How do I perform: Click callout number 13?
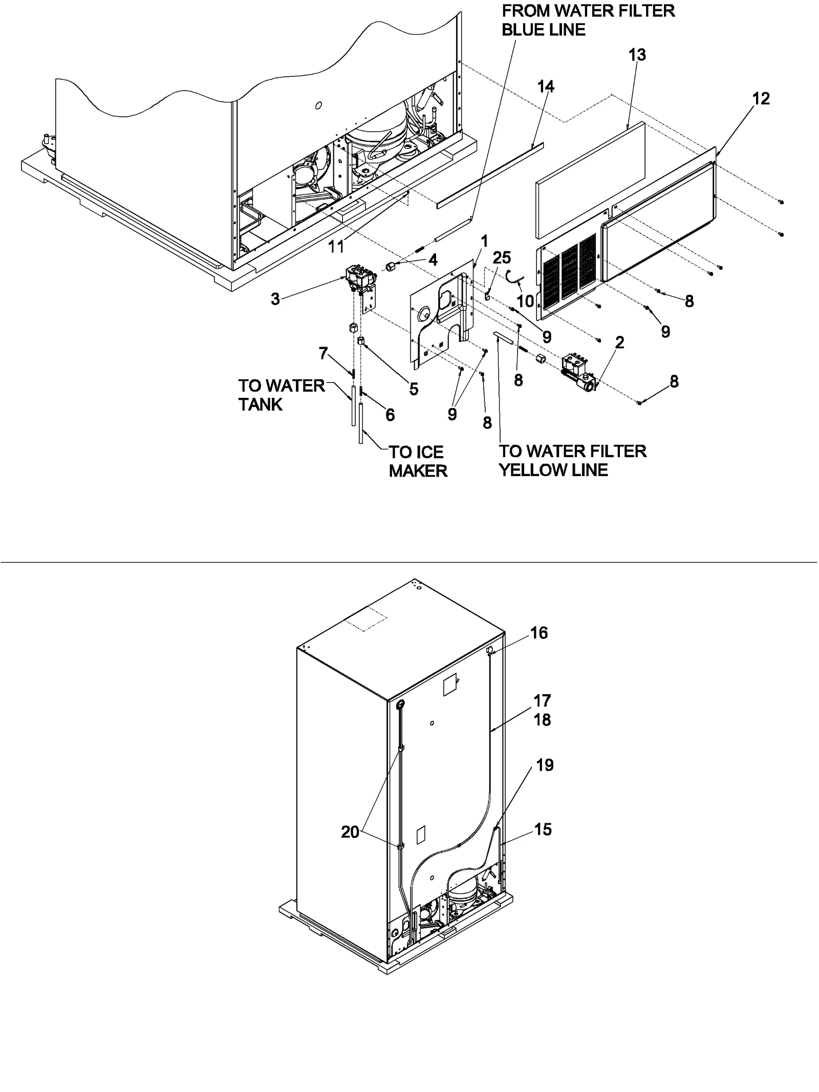[637, 55]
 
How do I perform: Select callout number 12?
[761, 98]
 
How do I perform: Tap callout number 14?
[546, 87]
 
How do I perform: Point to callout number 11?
[336, 247]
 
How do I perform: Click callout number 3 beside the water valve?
[275, 299]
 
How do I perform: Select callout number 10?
[526, 301]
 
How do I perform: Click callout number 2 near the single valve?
[619, 342]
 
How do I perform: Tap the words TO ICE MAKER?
[418, 461]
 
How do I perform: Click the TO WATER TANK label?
[281, 395]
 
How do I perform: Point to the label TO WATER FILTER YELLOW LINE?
[572, 460]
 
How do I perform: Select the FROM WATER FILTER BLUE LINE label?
[588, 20]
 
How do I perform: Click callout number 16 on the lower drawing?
[539, 633]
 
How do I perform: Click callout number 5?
[414, 389]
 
